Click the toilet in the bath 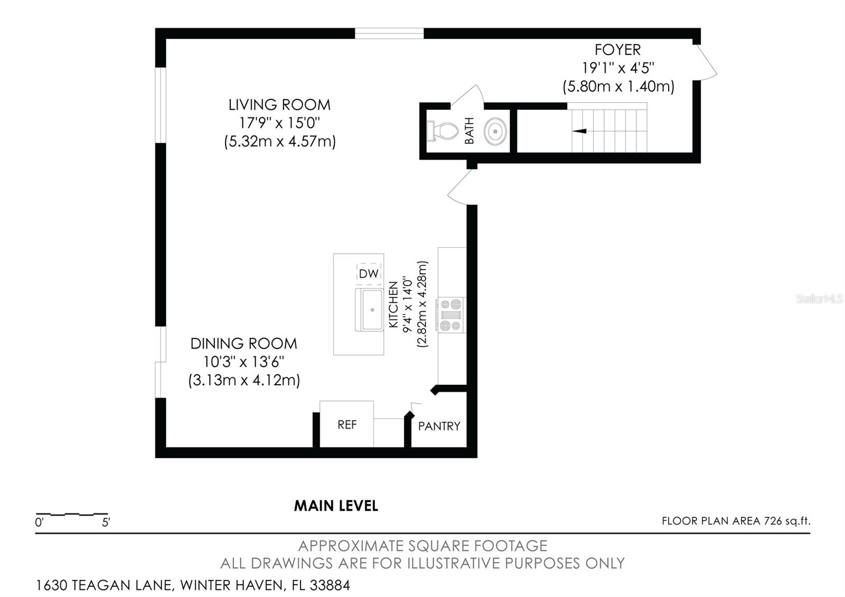pos(444,130)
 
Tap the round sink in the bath pos(496,130)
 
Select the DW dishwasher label pos(369,274)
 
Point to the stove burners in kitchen pos(450,315)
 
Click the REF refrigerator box pos(347,425)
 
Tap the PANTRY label pos(439,426)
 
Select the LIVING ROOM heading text pos(279,105)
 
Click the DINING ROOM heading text pos(243,343)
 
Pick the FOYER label pos(617,50)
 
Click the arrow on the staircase pos(580,130)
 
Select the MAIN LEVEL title pos(336,506)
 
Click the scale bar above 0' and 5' pos(72,514)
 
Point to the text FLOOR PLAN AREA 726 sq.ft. pos(736,521)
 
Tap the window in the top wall pos(389,34)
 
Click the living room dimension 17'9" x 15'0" pos(279,123)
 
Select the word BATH pos(470,130)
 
